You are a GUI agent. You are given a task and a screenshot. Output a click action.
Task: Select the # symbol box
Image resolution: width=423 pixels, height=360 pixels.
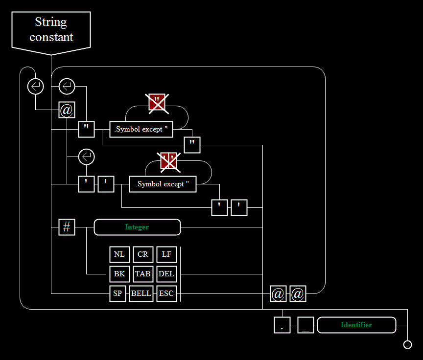(x=67, y=227)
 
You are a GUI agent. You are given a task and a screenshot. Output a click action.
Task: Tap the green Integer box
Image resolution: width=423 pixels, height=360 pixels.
(x=137, y=227)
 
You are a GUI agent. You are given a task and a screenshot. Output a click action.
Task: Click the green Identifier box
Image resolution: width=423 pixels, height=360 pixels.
(x=356, y=325)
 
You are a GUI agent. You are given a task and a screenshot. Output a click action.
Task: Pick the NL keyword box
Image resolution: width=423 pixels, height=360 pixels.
(x=119, y=254)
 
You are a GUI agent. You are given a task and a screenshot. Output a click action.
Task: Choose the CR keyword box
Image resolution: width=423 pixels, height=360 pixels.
(x=143, y=254)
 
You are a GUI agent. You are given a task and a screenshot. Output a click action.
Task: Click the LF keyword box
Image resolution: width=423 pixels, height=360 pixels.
(x=166, y=254)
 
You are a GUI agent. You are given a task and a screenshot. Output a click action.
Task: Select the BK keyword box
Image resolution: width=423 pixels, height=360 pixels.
(x=119, y=274)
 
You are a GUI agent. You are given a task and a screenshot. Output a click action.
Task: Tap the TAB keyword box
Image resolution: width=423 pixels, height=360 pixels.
(x=143, y=274)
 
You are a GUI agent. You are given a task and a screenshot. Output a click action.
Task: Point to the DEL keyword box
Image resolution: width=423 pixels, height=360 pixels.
(x=166, y=274)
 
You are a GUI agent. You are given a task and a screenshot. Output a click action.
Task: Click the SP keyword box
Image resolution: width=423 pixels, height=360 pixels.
(x=117, y=293)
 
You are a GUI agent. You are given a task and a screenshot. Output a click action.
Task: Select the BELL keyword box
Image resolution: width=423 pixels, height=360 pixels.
(x=141, y=293)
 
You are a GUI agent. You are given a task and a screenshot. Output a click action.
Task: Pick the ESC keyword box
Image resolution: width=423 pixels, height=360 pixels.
(x=166, y=293)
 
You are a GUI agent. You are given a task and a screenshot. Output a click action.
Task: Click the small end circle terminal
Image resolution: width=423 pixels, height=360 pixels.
(x=407, y=345)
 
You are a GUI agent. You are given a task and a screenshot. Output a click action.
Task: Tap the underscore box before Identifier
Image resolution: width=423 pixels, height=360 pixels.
(x=305, y=325)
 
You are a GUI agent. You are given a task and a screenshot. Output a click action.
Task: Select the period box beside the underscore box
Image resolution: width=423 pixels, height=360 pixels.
(x=282, y=325)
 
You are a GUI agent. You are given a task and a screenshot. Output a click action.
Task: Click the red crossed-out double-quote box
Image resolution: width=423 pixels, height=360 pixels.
(x=157, y=102)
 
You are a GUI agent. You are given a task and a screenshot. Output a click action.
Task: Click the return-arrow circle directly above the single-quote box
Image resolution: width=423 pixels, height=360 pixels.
(x=86, y=157)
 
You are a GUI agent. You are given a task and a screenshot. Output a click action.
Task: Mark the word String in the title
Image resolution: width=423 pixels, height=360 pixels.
(x=51, y=22)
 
